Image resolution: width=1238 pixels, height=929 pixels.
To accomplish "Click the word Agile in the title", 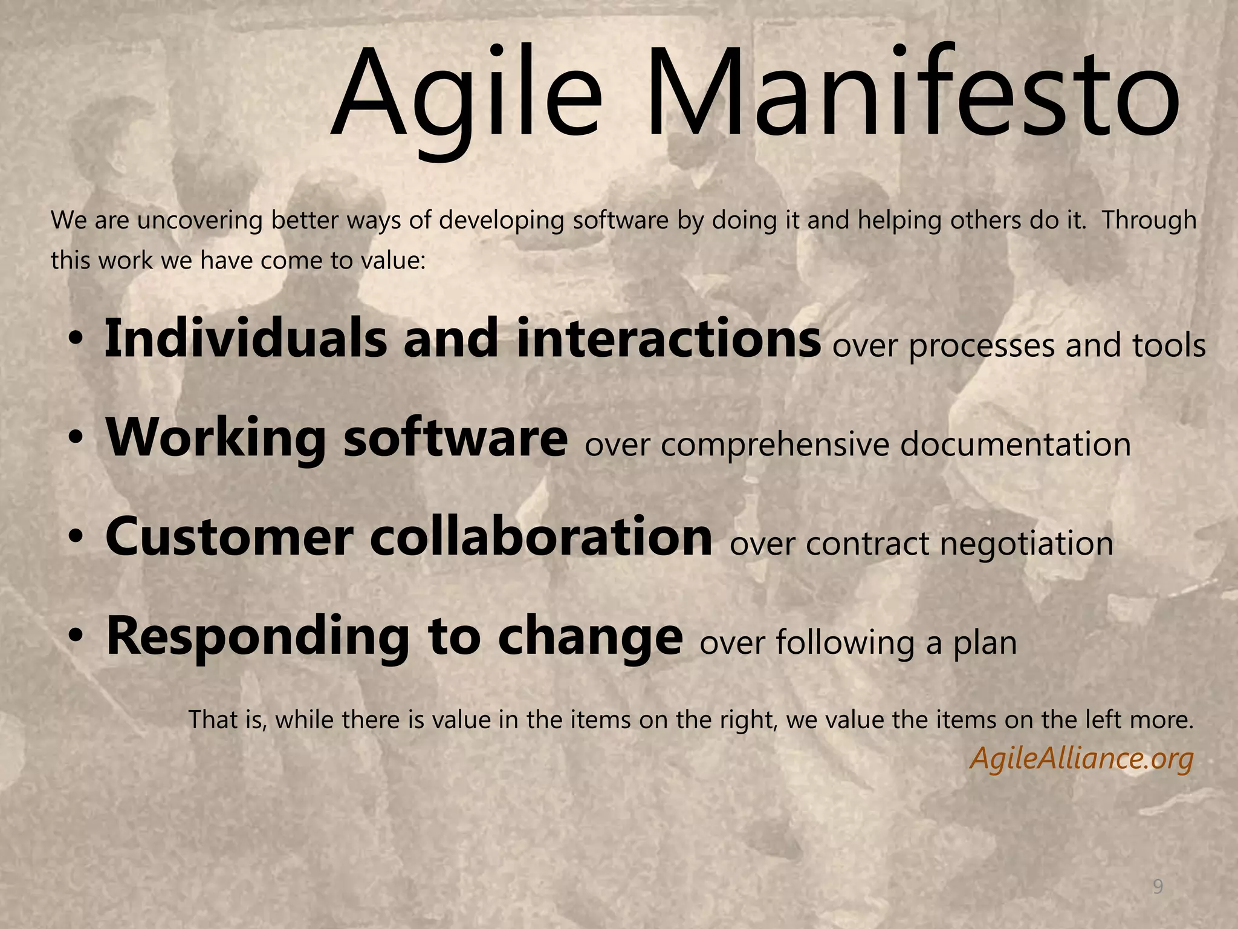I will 465,94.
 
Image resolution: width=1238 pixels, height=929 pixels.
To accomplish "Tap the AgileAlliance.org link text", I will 1081,758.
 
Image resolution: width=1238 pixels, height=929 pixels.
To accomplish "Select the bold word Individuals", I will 245,339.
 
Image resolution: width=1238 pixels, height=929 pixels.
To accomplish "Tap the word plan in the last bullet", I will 985,642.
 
